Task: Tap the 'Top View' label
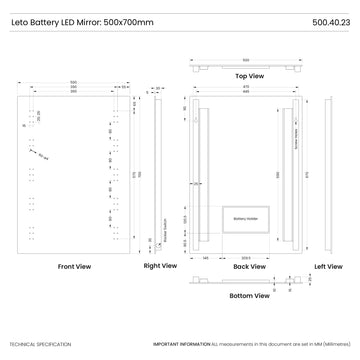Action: pos(249,76)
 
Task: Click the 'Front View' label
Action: pos(74,267)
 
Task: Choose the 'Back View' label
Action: pos(248,267)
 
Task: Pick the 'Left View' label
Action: pos(328,267)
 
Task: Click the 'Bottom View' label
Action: pos(248,296)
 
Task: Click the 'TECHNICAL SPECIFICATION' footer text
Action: pos(40,344)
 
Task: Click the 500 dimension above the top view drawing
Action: pos(249,59)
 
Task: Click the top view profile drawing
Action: pos(249,66)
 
